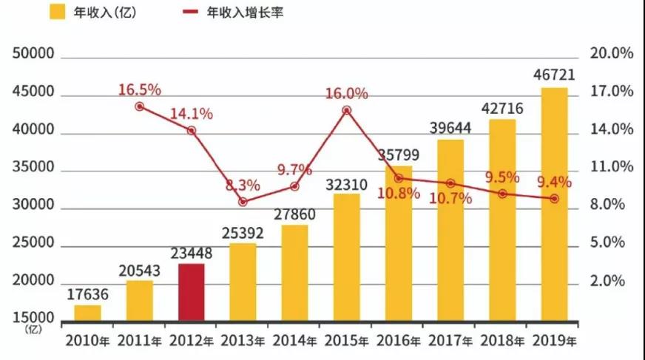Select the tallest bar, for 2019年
coord(554,206)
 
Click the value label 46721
coord(554,75)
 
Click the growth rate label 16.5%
coord(140,90)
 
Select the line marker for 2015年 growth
coord(346,110)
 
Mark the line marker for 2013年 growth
coord(243,201)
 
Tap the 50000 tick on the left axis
coord(33,55)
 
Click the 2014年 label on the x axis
coord(294,341)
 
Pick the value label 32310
coord(346,182)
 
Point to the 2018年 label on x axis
coord(502,341)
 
